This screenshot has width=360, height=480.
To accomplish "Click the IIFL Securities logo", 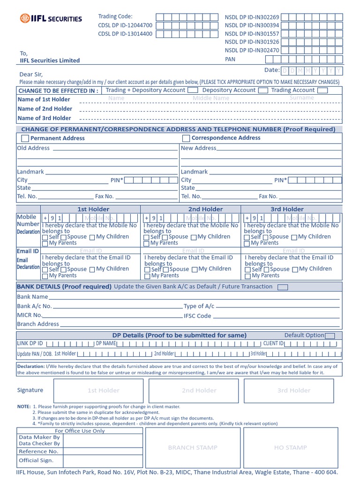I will click(51, 19).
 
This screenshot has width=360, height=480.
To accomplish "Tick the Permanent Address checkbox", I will click(25, 138).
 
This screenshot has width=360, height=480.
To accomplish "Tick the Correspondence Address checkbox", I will click(186, 138).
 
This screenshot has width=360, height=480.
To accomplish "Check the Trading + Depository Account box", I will click(193, 90).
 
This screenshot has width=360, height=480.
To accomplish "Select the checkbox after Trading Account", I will click(322, 90).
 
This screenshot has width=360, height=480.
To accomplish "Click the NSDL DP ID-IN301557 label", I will click(252, 34).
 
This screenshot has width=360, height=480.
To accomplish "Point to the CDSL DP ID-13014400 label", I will click(125, 34).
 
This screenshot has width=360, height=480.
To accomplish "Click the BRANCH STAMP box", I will click(193, 448).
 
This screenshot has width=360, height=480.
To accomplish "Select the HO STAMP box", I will click(290, 448).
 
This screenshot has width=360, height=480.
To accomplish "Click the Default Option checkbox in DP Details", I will click(330, 336).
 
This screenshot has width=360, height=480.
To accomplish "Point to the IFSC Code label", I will click(197, 316).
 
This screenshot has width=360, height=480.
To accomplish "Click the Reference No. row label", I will click(38, 451).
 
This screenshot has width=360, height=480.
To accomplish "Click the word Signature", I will click(30, 390).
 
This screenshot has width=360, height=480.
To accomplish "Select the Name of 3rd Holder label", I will click(44, 118).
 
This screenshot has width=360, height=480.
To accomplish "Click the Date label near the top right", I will click(272, 70).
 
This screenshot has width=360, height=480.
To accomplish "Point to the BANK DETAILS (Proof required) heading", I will click(64, 286).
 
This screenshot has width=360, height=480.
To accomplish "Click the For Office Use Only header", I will click(80, 431).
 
